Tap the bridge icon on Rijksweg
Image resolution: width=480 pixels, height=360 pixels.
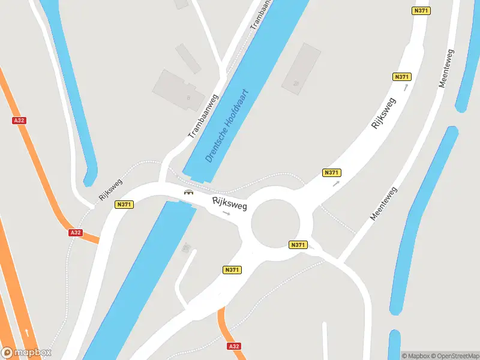[x=189, y=192]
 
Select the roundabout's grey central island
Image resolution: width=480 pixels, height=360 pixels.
[x=275, y=223]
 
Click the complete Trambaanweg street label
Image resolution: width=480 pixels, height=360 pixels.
[x=203, y=116]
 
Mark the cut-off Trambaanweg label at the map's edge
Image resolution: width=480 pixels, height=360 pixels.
[x=260, y=13]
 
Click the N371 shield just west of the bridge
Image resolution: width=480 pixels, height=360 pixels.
[x=124, y=205]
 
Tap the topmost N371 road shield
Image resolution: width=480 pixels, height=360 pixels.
[x=422, y=11]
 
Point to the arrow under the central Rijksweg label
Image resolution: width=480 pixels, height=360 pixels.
[x=226, y=213]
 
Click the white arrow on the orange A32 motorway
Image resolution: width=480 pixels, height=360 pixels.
[x=26, y=332]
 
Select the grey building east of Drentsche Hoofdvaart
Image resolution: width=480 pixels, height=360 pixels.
[x=301, y=68]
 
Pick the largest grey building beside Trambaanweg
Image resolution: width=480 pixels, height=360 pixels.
[x=174, y=90]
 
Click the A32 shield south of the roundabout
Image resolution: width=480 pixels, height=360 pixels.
[x=235, y=346]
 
